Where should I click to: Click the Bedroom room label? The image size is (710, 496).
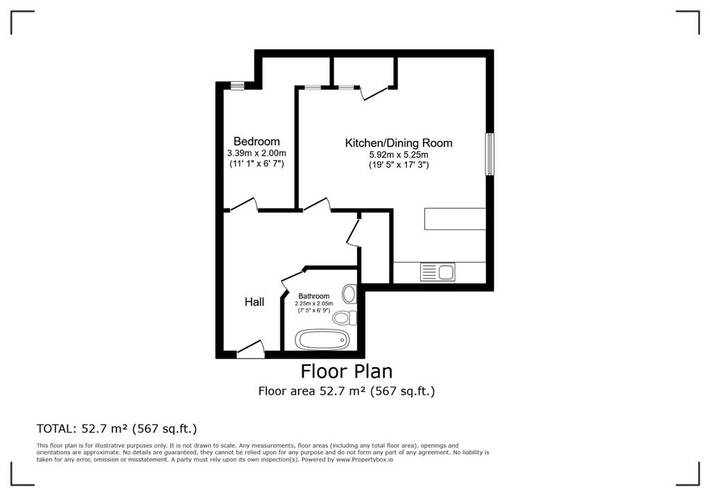coord(257,141)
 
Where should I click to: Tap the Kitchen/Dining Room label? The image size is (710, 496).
coord(399,143)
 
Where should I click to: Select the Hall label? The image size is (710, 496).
coord(254,302)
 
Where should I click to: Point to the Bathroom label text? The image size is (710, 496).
coord(314,296)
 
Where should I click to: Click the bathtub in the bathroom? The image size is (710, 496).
coord(322,339)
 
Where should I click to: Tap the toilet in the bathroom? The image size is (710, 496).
coord(345,318)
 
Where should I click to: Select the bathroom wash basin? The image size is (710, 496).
coord(349,294)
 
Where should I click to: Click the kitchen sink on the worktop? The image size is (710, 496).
coord(438,272)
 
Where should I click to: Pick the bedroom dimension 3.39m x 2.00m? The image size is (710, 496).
coord(257,153)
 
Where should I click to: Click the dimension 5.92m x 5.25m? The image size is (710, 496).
coord(399,154)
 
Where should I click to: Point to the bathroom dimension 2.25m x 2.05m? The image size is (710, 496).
coord(314,303)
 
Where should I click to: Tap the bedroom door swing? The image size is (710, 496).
coord(243,204)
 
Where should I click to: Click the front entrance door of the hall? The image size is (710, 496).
coord(250,349)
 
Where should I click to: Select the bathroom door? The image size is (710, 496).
coord(291,278)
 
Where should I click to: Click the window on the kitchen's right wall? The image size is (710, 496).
coord(490,154)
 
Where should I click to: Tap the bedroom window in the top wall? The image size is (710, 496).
coord(237,85)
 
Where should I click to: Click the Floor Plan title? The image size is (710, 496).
coord(347,371)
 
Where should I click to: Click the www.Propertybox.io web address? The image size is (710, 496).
coord(364,459)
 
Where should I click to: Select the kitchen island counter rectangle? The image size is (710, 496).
coord(455,219)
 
